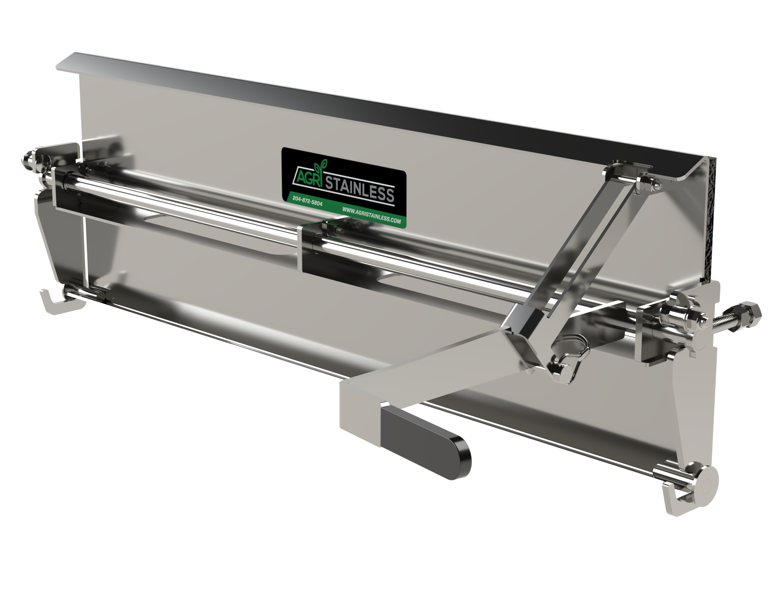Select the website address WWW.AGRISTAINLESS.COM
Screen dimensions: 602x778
coord(371,215)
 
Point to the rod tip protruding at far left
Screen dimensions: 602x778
coord(27,161)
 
